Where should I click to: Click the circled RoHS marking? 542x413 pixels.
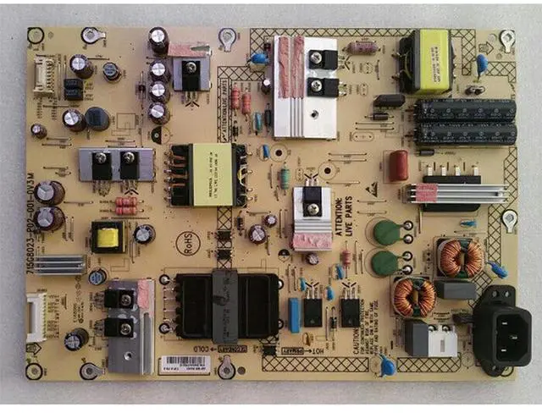pos(182,240)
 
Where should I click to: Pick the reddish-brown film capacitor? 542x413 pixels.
pos(398,165)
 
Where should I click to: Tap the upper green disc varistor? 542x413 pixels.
pos(385,232)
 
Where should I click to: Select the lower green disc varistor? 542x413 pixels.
pos(386,262)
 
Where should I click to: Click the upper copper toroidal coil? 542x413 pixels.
pos(460,258)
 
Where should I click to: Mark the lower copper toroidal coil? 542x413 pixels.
pos(414,297)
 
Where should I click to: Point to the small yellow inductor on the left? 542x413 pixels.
pos(107,238)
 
